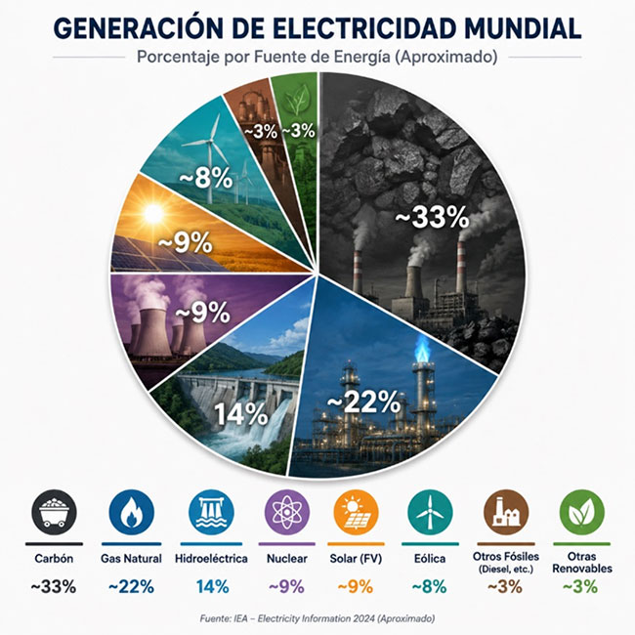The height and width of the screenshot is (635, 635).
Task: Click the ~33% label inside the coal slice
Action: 432,218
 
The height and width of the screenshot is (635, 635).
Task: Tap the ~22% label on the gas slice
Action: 363,402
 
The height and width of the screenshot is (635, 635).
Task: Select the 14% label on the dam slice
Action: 240,414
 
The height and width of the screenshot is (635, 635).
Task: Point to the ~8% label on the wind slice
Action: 206,178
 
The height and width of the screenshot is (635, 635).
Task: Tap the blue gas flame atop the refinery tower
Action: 422,350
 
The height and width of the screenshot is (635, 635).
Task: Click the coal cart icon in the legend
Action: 54,513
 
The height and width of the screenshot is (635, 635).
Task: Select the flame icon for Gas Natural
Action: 131,513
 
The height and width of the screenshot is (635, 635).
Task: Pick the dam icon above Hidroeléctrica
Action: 211,513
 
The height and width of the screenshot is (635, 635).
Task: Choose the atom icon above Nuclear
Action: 286,513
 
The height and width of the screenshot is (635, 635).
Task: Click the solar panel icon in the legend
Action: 356,513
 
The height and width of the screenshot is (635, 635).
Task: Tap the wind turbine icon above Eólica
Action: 430,513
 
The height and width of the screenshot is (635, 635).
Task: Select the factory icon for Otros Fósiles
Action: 506,513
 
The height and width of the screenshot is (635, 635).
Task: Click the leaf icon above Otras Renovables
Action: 581,513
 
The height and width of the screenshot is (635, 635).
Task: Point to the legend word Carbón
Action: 54,559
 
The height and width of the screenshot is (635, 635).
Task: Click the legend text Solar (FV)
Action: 356,559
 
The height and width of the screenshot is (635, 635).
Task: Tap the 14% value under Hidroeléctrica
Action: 213,586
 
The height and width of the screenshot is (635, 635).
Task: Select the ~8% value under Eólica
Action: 430,586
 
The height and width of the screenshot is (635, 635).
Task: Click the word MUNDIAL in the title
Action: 523,28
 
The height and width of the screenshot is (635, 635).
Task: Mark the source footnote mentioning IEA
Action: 317,618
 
